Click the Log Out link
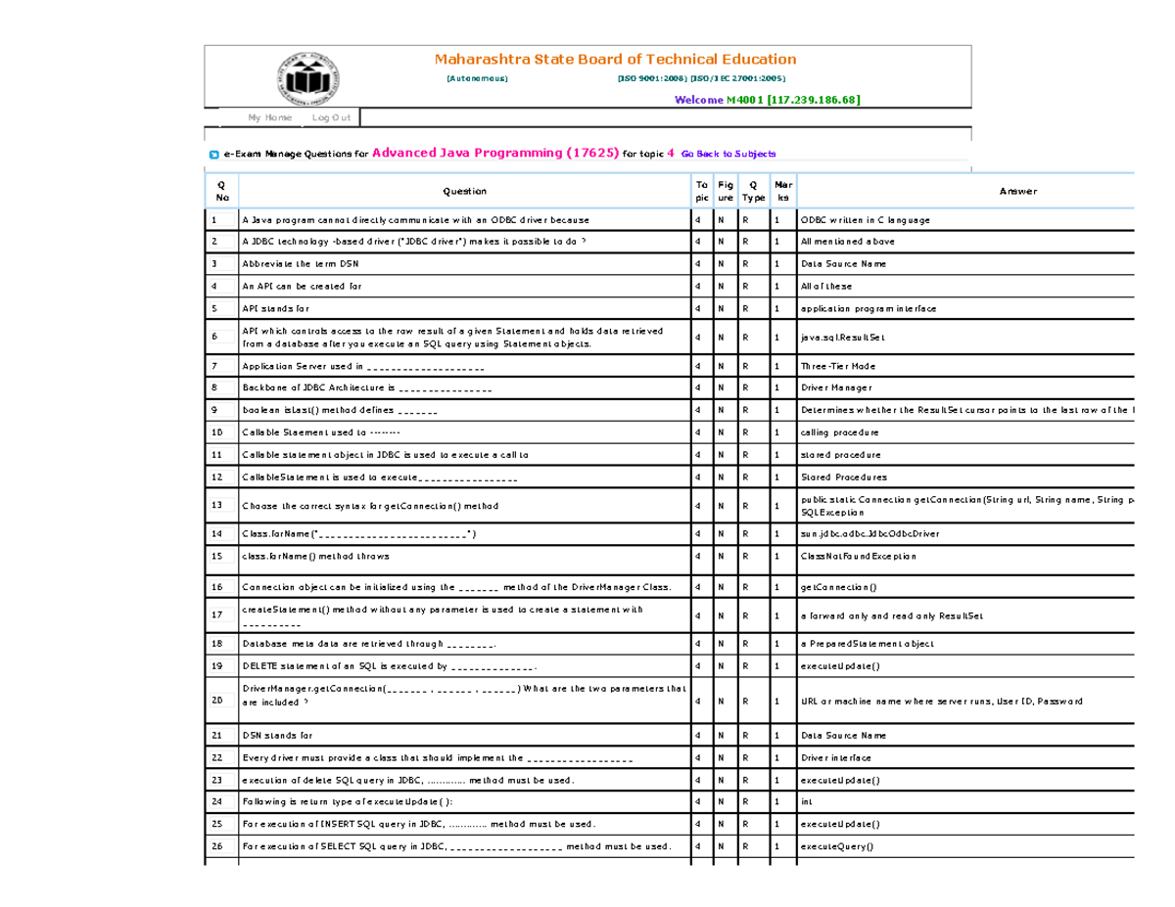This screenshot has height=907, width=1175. click(331, 117)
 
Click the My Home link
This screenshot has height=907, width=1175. click(270, 117)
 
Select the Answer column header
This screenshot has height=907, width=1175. click(1017, 192)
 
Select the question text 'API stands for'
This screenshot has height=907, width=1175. click(274, 309)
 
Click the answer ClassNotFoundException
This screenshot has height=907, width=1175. click(858, 556)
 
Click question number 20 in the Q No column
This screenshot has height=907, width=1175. click(217, 701)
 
